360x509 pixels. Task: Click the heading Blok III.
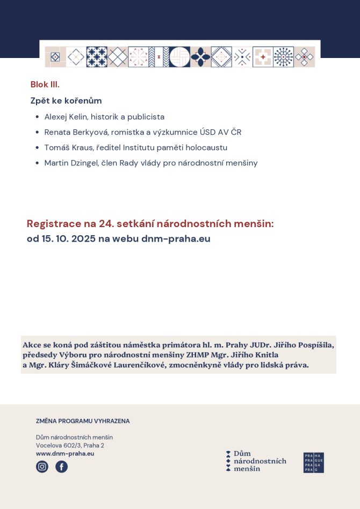pyautogui.click(x=45, y=84)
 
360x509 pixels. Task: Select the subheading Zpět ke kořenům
pyautogui.click(x=66, y=100)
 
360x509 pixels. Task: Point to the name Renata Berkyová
pyautogui.click(x=76, y=132)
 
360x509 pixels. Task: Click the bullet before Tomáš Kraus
pyautogui.click(x=37, y=148)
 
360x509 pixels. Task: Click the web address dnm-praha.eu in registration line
pyautogui.click(x=176, y=239)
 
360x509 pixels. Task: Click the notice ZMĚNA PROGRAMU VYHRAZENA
pyautogui.click(x=83, y=421)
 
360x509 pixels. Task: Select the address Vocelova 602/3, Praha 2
pyautogui.click(x=70, y=445)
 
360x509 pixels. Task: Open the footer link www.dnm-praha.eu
pyautogui.click(x=65, y=454)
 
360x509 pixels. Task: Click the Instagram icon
pyautogui.click(x=42, y=467)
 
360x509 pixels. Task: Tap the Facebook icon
pyautogui.click(x=61, y=467)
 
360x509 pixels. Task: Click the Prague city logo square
pyautogui.click(x=314, y=462)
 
